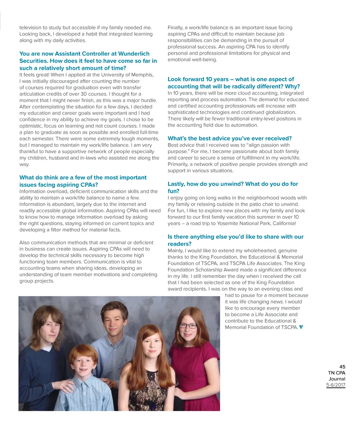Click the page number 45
[x=342, y=367]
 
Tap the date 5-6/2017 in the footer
[x=336, y=385]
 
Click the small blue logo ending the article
[x=301, y=327]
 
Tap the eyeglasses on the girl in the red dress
[x=188, y=326]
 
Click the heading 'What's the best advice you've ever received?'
[x=230, y=139]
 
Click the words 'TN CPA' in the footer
[x=336, y=373]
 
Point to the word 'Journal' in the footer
[x=337, y=379]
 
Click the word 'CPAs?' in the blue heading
[x=88, y=185]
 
